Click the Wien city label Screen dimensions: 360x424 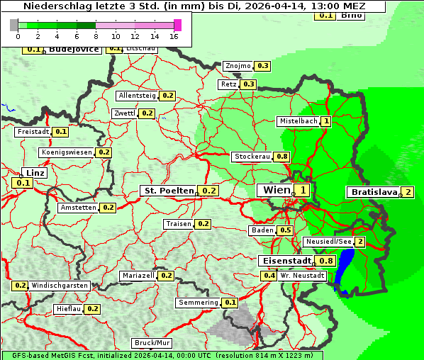275,190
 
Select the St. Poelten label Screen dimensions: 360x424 168,191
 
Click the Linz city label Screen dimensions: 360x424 34,173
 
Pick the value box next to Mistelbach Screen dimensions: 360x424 326,121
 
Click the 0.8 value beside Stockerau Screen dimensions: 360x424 282,157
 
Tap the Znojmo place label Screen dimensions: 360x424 238,66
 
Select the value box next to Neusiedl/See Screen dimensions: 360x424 360,242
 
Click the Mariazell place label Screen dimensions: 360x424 138,275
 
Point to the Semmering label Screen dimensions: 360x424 199,303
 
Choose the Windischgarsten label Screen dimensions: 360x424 60,286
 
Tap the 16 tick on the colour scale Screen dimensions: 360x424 174,35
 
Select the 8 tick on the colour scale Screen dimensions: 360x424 96,35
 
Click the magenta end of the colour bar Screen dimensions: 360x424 177,25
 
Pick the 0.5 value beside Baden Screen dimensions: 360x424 286,230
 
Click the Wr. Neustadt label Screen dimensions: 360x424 302,275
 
